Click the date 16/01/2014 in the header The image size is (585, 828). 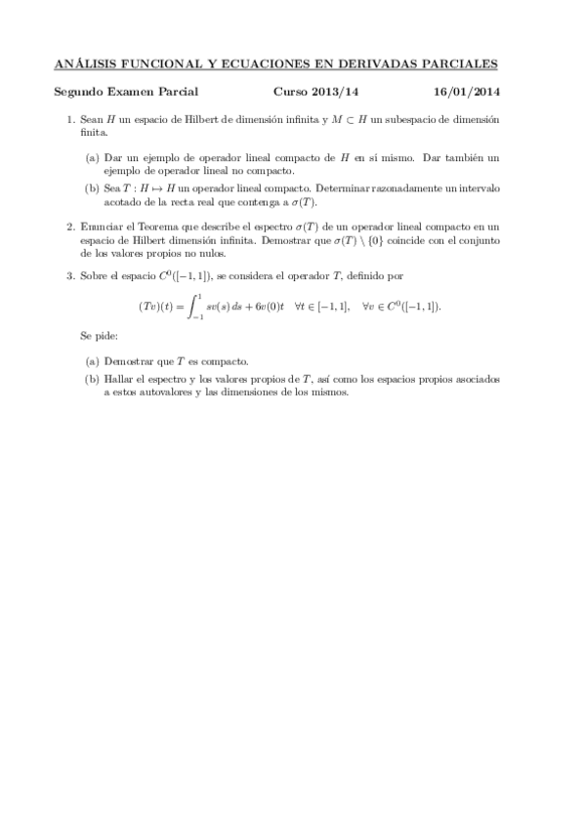coord(467,92)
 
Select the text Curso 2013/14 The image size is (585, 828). coord(308,92)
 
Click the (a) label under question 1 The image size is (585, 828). coord(92,156)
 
